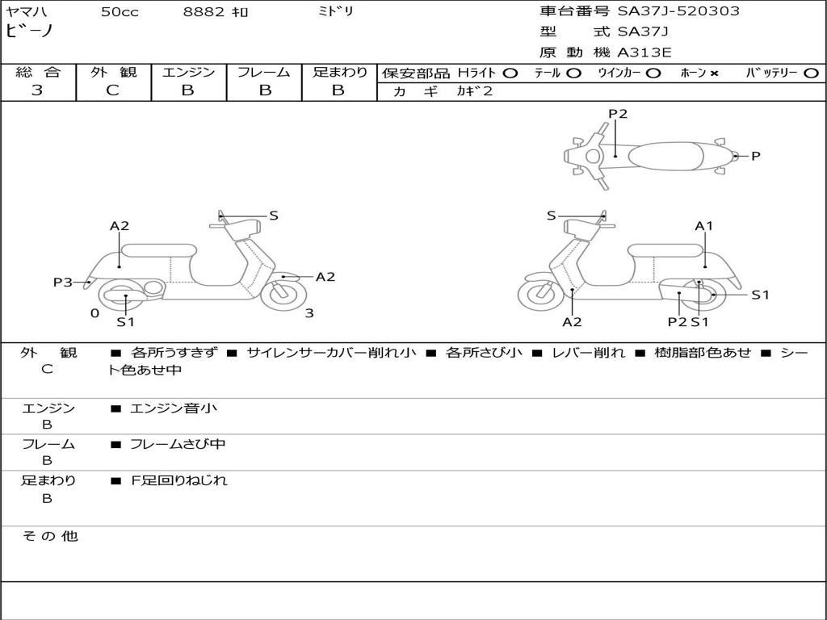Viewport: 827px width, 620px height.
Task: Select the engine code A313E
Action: [x=644, y=53]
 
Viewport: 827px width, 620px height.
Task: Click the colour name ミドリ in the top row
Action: [x=336, y=12]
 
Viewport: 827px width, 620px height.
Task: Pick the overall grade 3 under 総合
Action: [x=37, y=90]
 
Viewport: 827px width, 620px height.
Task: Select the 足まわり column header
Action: [x=340, y=72]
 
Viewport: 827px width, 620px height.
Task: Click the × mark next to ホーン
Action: [x=714, y=73]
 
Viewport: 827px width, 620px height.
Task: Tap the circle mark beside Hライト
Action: [x=510, y=73]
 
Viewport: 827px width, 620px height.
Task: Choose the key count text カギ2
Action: [x=474, y=91]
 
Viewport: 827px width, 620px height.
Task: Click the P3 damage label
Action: [x=63, y=282]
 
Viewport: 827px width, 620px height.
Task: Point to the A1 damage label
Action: [x=704, y=226]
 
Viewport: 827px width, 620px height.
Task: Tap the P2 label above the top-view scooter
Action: [x=618, y=114]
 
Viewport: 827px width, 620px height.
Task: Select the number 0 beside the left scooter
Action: [x=94, y=313]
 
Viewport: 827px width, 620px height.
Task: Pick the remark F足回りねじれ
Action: [x=178, y=480]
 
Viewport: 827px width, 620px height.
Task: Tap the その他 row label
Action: [x=50, y=536]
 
